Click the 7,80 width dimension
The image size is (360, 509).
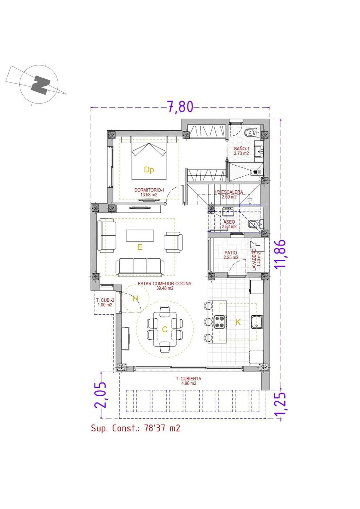tap(180, 107)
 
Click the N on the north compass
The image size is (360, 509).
tap(40, 86)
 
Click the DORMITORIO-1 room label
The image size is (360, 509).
tap(149, 190)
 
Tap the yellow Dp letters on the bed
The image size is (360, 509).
tap(149, 170)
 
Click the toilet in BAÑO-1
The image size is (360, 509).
tap(252, 132)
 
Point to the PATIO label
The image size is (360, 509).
tap(231, 252)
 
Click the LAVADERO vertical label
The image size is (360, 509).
tap(254, 260)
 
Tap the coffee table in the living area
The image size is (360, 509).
tap(140, 235)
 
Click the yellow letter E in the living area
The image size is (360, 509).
tap(140, 247)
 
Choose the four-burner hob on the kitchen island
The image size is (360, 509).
tap(220, 322)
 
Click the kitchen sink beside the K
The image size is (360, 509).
tap(256, 322)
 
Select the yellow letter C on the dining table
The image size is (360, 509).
tap(165, 329)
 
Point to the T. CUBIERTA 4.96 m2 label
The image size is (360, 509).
tap(188, 381)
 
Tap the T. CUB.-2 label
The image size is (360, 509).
tap(105, 302)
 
